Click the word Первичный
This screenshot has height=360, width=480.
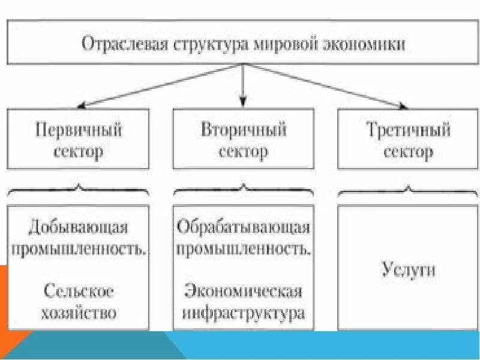(x=79, y=130)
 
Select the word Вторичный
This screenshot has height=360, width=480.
(x=243, y=130)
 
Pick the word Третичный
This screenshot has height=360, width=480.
(x=407, y=130)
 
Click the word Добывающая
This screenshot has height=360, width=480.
(x=79, y=228)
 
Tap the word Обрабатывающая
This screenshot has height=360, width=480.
(x=243, y=228)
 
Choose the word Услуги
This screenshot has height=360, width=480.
(x=407, y=269)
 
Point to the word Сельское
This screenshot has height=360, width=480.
(x=79, y=292)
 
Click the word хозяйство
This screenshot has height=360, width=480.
(x=79, y=313)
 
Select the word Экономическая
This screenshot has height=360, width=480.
(x=243, y=292)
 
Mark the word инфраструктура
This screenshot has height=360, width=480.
(x=243, y=313)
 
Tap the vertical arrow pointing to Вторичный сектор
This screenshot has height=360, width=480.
(x=242, y=84)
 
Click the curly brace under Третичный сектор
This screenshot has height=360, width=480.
(x=407, y=191)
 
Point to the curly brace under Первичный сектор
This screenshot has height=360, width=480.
(x=79, y=191)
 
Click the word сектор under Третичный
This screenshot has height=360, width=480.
(x=407, y=151)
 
